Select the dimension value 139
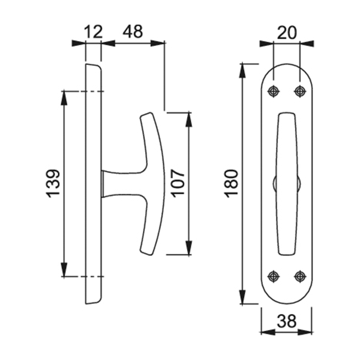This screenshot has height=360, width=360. [53, 184]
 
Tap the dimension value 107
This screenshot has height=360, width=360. [178, 184]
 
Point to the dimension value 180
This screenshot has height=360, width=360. [231, 184]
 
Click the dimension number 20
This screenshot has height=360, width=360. [287, 33]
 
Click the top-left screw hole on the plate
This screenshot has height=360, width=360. [274, 92]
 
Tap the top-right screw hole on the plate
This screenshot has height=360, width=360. [300, 92]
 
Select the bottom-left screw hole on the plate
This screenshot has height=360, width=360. [274, 276]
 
